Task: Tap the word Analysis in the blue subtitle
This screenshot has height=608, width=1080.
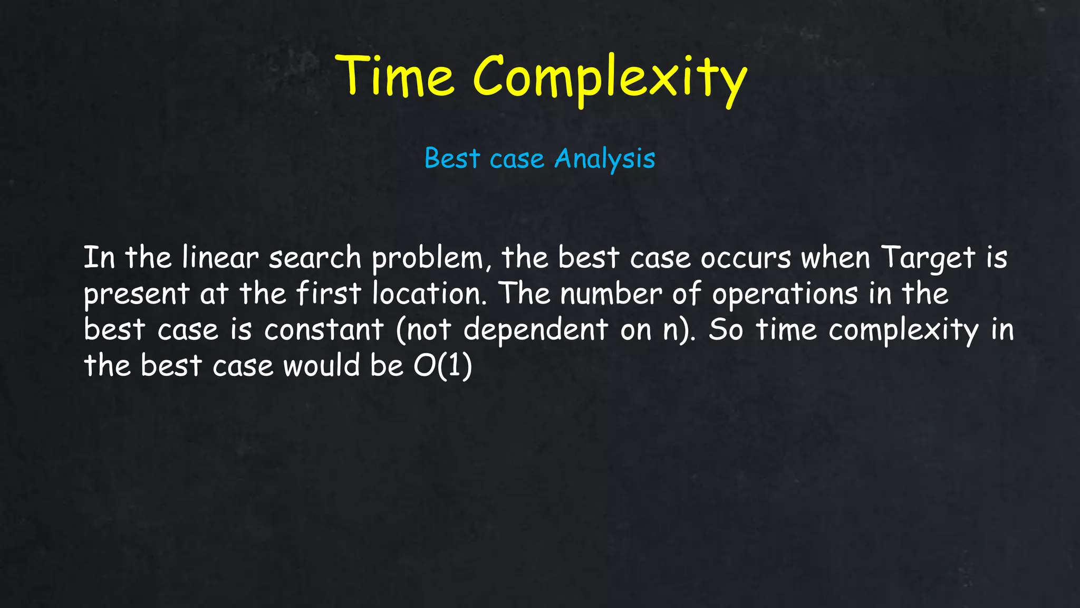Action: (605, 158)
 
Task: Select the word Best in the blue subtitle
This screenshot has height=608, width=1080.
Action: (452, 158)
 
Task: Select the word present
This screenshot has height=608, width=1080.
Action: (137, 294)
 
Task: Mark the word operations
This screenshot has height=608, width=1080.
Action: (785, 294)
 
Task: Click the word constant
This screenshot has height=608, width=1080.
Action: (324, 330)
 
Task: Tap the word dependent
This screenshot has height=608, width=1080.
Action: (536, 330)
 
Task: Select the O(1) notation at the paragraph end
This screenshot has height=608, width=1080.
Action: (442, 366)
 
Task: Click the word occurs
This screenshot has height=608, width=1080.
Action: (746, 259)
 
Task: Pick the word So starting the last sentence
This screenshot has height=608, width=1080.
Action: (726, 330)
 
